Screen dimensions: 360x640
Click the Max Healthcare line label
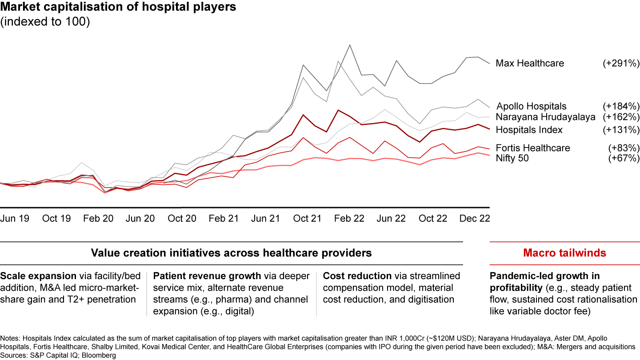coord(530,63)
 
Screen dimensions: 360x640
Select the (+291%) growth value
coord(621,63)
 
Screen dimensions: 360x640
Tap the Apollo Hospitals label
coord(532,106)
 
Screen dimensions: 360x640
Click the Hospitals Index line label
coord(529,130)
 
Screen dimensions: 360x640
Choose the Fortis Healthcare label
coord(533,148)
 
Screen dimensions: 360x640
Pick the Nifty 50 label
coord(512,158)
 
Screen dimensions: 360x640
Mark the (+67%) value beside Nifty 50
coord(624,158)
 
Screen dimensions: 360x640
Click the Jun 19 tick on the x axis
coord(15,218)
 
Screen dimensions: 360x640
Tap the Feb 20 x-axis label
coord(98,218)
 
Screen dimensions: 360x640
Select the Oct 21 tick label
coord(307,218)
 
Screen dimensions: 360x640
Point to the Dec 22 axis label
coord(475,218)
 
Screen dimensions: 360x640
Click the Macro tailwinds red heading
coord(564,253)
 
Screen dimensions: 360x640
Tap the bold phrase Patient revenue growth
coord(207,276)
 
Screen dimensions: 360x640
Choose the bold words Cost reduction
coord(357,276)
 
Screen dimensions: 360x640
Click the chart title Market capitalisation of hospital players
coord(118,7)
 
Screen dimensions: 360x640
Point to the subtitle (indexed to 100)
coord(45,22)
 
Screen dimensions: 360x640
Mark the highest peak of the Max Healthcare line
coord(350,45)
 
